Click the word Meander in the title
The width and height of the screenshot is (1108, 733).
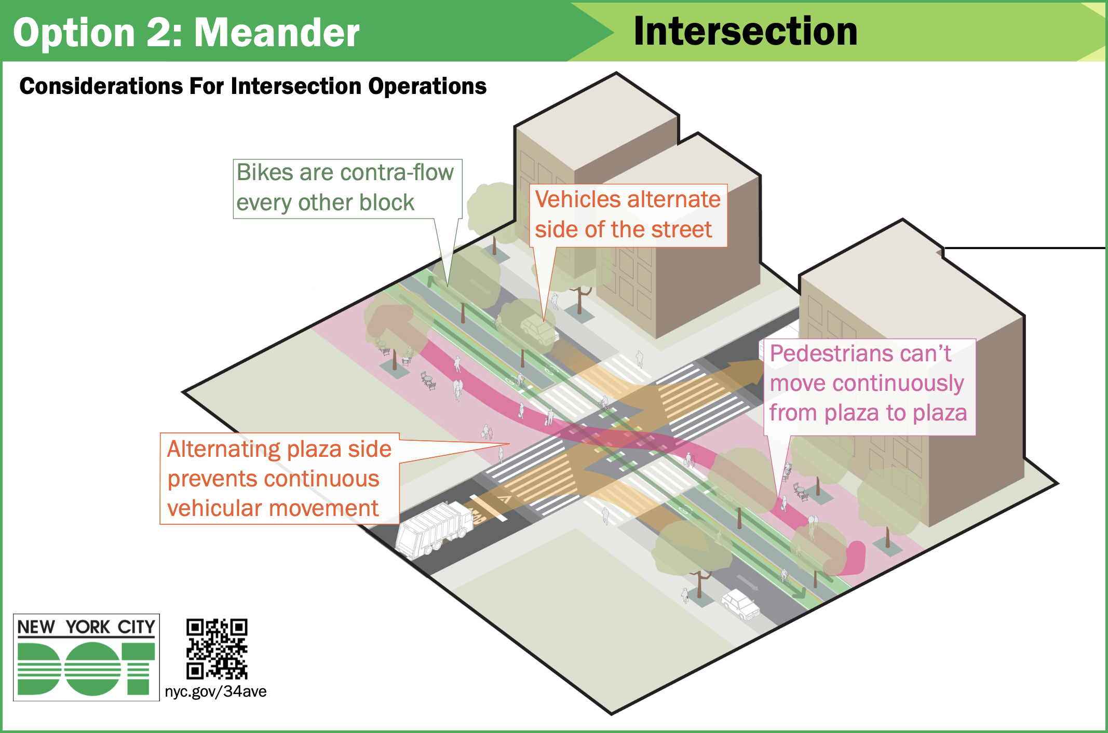pos(276,33)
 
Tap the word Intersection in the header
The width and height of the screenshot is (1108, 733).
pos(745,31)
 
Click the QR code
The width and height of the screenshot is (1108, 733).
pos(217,648)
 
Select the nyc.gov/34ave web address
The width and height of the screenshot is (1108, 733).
pos(215,691)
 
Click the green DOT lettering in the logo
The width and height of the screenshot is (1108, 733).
pos(86,669)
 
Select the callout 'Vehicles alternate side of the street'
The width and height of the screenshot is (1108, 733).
pos(628,215)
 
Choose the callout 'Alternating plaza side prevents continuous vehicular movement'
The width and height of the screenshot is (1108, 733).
pos(279,479)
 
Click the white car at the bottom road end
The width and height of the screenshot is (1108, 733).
pos(740,604)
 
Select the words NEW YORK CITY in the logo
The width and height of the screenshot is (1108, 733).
pos(86,627)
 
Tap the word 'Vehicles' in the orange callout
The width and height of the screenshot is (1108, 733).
pos(572,199)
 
